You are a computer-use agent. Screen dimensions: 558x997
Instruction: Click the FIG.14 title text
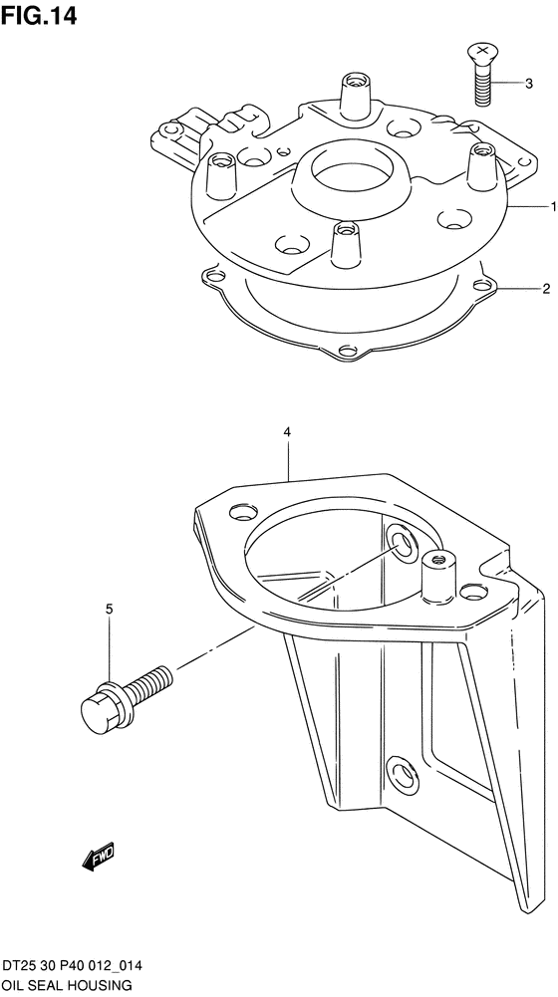pyautogui.click(x=39, y=15)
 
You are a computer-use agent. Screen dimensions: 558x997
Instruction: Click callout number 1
pyautogui.click(x=554, y=206)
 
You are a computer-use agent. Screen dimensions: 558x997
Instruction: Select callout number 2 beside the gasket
pyautogui.click(x=545, y=289)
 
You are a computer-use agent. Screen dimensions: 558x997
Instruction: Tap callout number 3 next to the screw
pyautogui.click(x=529, y=84)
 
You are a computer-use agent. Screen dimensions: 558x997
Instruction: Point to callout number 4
pyautogui.click(x=287, y=432)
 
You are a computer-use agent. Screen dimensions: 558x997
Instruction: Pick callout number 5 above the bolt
pyautogui.click(x=109, y=610)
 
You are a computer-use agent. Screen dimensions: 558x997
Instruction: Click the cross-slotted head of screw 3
pyautogui.click(x=483, y=52)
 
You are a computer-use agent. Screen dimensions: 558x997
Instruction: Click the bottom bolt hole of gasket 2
pyautogui.click(x=346, y=351)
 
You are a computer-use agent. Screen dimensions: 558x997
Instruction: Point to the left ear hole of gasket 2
pyautogui.click(x=215, y=276)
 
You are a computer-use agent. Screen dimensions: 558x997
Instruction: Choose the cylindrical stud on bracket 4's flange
pyautogui.click(x=438, y=575)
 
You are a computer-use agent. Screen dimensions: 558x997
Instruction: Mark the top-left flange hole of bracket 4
pyautogui.click(x=244, y=513)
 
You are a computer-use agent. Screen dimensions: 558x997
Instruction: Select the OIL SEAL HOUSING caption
pyautogui.click(x=67, y=986)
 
